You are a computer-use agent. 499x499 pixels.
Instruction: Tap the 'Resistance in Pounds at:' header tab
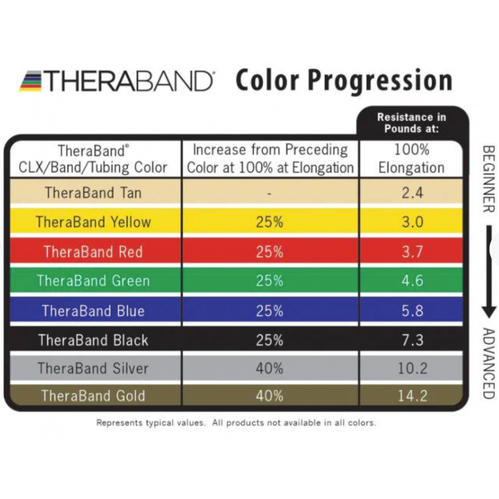412,122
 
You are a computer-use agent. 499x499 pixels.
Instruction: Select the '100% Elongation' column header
411,158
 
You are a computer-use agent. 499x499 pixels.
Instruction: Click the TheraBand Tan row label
93,193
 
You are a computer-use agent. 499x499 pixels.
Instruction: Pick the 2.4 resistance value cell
412,193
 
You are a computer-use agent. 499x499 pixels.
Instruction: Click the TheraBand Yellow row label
93,222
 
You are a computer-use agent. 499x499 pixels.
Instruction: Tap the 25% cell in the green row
269,281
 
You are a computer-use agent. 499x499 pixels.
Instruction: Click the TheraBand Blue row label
93,311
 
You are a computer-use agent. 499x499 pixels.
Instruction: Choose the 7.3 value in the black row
412,340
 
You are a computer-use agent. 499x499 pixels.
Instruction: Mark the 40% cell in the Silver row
269,369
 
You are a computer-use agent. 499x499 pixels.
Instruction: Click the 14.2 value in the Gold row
412,396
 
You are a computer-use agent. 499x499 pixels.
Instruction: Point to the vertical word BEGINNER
489,179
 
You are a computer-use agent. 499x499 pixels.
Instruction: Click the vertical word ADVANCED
489,363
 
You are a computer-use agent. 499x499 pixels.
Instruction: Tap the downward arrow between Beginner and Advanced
489,272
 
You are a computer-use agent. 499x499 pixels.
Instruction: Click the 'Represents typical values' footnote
236,423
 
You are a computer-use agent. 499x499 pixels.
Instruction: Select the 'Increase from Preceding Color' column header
270,158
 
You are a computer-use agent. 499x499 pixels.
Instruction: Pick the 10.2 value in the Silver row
412,369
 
